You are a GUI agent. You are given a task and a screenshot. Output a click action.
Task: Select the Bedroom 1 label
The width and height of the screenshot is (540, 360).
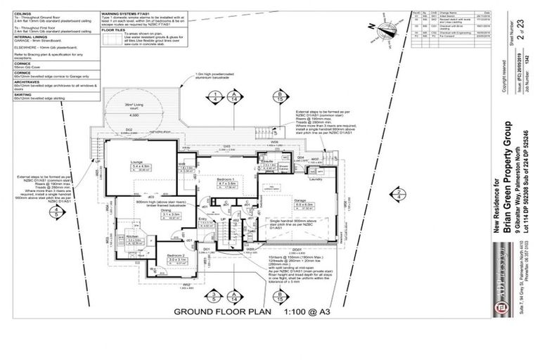click(x=227, y=181)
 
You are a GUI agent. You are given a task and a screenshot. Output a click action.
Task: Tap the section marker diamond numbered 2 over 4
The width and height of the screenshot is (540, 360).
click(x=398, y=194)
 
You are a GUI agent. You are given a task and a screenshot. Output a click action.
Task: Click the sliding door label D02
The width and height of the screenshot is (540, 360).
click(x=129, y=129)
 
